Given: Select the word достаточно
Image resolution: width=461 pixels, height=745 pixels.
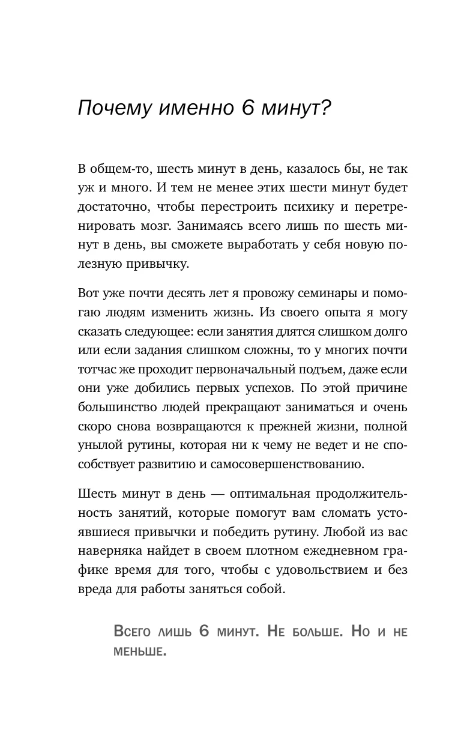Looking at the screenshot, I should click(113, 208).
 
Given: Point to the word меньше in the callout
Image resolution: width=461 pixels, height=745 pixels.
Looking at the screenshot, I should click(139, 651).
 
